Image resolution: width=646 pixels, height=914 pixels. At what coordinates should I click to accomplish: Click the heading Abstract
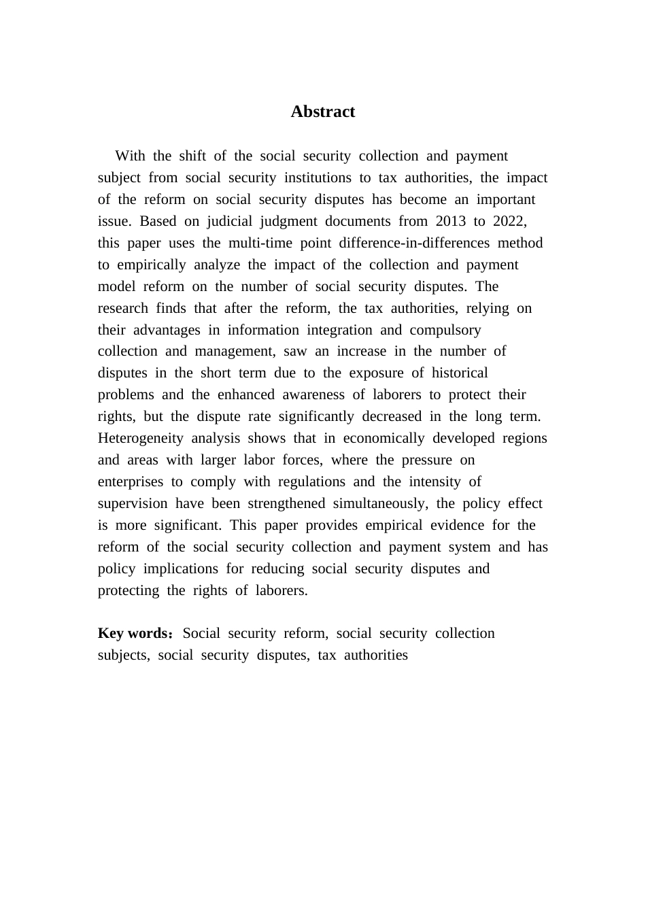click(322, 112)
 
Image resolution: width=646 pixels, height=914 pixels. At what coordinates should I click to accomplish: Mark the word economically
click(384, 438)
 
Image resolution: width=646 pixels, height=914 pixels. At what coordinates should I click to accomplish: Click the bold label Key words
click(133, 633)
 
